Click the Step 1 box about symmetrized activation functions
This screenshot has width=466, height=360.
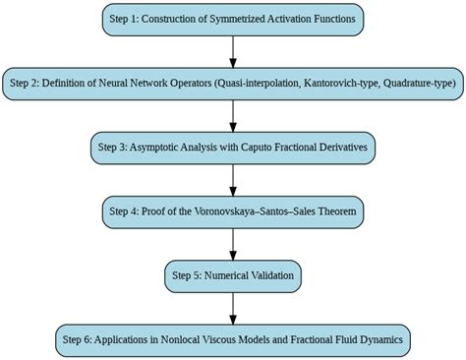(x=232, y=20)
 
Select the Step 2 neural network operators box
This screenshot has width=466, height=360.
(x=232, y=84)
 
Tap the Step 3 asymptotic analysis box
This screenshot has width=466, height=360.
(x=232, y=148)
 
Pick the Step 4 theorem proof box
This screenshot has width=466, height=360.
(x=232, y=211)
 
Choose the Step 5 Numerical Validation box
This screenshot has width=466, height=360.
(x=232, y=275)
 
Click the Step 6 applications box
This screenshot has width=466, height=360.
(x=232, y=339)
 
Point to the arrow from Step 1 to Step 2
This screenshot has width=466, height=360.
(x=232, y=51)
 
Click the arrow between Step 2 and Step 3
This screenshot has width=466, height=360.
(x=232, y=115)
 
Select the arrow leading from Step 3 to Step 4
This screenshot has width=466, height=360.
(x=232, y=179)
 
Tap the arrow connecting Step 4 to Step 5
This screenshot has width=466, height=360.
(x=232, y=243)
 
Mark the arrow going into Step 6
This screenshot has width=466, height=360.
(x=232, y=307)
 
